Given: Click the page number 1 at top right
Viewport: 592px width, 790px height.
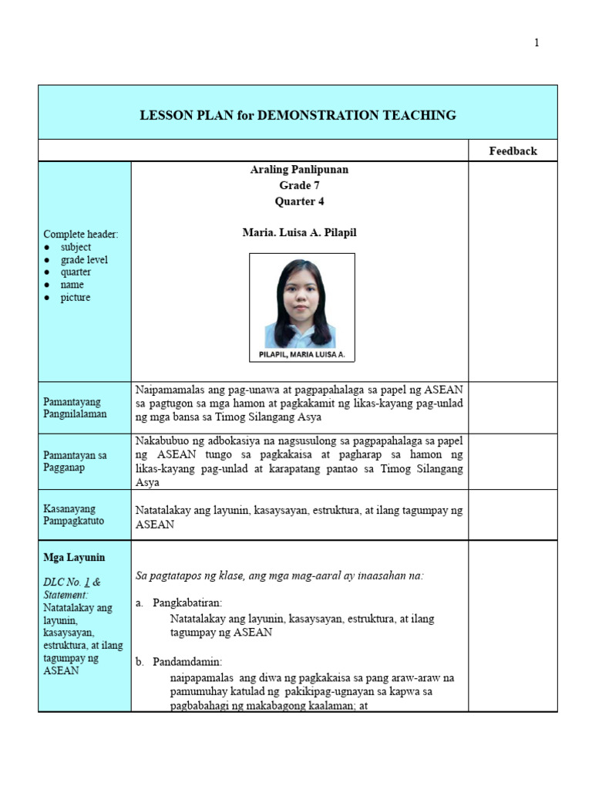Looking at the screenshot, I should point(536,43).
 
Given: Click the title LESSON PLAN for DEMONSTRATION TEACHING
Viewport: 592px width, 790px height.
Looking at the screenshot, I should point(298,116).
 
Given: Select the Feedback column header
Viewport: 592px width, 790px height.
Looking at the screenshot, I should point(513,151).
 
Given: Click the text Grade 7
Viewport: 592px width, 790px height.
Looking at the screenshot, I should point(299,186).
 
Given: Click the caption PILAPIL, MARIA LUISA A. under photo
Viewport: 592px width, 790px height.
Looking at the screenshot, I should point(301,355).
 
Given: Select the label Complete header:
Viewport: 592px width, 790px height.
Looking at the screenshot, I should point(81,235).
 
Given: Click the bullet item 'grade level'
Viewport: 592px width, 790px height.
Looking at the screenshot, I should point(84,260).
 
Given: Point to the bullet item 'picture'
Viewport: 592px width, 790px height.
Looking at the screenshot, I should point(76,298).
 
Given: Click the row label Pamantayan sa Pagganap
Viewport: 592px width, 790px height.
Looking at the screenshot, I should point(75,461).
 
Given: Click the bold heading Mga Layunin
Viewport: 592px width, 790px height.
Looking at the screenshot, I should point(75,558).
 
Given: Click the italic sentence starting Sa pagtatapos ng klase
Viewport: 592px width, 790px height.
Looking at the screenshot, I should point(279,576).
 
